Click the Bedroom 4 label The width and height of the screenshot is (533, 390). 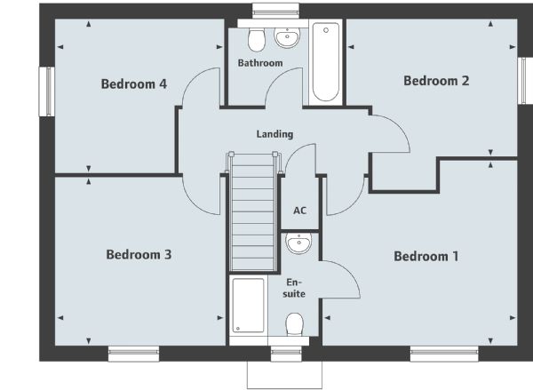pos(134,84)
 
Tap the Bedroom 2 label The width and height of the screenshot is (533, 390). pos(436,81)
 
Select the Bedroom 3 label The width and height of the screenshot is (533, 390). pos(139,254)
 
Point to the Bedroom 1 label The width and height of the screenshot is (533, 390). pos(426,256)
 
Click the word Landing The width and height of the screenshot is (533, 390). pos(274,134)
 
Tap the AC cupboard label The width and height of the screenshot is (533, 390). pos(300,211)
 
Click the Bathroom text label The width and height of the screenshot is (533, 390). pos(260,63)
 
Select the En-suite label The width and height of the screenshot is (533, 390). pos(294,288)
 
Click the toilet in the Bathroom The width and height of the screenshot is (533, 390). pos(257,40)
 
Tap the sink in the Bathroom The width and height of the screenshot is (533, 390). pos(287,37)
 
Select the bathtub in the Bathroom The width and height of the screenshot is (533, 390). pos(326,62)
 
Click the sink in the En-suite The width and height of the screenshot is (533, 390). pos(298,243)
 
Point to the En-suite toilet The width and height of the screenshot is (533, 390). pos(294,324)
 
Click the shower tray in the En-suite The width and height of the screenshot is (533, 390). pos(248,306)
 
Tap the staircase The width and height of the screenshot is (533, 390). pos(252,211)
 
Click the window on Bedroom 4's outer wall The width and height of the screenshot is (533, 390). pos(47,92)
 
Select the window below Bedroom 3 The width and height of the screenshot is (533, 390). pos(133,354)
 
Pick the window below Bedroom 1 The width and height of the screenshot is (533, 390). pos(444,354)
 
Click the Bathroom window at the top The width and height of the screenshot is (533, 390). pos(275,11)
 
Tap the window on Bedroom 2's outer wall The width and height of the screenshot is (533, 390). pos(525,81)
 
